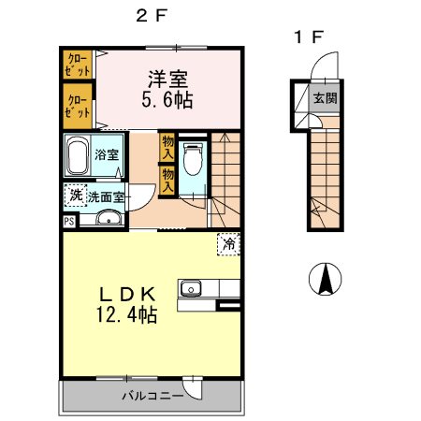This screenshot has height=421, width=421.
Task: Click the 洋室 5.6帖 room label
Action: pyautogui.click(x=167, y=90)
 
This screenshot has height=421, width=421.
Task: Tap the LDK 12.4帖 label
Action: pyautogui.click(x=126, y=305)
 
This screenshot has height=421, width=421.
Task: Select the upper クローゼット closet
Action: pyautogui.click(x=78, y=65)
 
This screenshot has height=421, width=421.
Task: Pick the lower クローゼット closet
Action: pyautogui.click(x=78, y=106)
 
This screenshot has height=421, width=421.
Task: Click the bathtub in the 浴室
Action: pyautogui.click(x=77, y=155)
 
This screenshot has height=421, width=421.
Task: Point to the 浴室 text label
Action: pyautogui.click(x=107, y=154)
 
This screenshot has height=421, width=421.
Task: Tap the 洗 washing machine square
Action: pyautogui.click(x=76, y=196)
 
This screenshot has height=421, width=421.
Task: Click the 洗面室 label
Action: pyautogui.click(x=106, y=197)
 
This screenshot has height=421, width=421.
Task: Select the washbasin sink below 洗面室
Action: pyautogui.click(x=109, y=218)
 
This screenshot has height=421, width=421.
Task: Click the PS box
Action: pyautogui.click(x=69, y=222)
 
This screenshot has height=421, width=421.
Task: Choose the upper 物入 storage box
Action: pyautogui.click(x=167, y=147)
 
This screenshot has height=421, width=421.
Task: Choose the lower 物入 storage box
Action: pyautogui.click(x=167, y=181)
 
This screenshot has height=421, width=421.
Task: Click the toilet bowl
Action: pyautogui.click(x=193, y=159)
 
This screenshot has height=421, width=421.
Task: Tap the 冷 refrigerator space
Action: pyautogui.click(x=229, y=244)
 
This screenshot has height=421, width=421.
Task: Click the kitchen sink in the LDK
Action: pyautogui.click(x=191, y=288)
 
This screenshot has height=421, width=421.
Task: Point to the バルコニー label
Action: pyautogui.click(x=152, y=396)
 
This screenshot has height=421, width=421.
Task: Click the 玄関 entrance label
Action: pyautogui.click(x=325, y=98)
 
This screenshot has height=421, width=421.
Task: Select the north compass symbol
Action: pyautogui.click(x=325, y=279)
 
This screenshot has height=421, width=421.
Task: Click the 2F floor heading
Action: pyautogui.click(x=152, y=15)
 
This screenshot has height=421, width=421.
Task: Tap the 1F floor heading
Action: pyautogui.click(x=309, y=37)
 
